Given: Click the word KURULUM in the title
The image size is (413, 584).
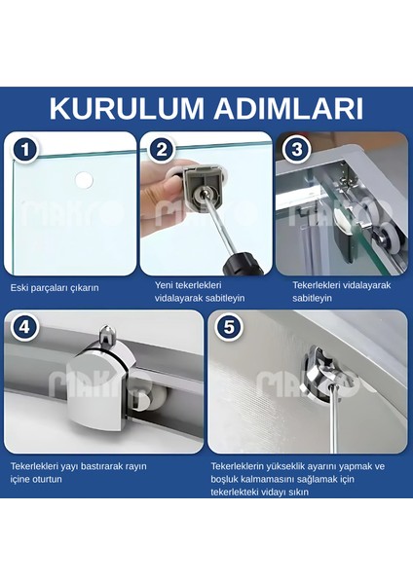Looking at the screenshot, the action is pos(127,109).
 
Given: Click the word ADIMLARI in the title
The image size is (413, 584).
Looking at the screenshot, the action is pos(288,109).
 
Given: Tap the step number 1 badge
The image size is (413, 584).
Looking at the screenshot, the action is pos(25,150).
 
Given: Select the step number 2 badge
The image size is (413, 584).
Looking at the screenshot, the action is pos(161,150).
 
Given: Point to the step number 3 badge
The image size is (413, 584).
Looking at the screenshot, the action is pos(297,150).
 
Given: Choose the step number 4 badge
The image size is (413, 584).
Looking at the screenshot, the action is pos(24,327).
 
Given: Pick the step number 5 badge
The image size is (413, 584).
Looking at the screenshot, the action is pos(229,327).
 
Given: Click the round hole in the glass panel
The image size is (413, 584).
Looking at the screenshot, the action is pos(84,180).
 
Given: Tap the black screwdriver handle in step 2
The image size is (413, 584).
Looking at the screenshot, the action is pos(243,263).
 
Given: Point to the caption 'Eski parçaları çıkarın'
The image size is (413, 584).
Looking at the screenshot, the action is pos(55,288).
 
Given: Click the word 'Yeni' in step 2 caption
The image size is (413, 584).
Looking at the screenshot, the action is pos(164,285).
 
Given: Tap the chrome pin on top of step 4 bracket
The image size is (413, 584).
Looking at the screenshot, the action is pos(107,335).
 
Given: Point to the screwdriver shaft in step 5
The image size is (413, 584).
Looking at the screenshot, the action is pos(334,419).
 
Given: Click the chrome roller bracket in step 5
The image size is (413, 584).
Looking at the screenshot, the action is pos(321,375).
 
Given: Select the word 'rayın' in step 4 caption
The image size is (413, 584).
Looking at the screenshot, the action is pos(135,466).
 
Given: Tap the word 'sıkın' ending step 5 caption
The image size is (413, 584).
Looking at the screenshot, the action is pos(299,492).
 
